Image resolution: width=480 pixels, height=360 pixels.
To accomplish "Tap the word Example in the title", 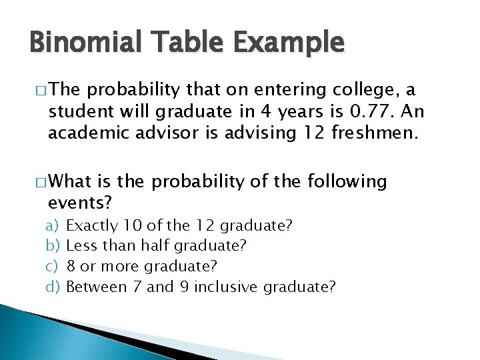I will [291, 44].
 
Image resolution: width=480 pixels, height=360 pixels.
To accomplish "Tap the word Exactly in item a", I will [92, 226].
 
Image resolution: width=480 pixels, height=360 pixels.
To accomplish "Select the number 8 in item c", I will [71, 267].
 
